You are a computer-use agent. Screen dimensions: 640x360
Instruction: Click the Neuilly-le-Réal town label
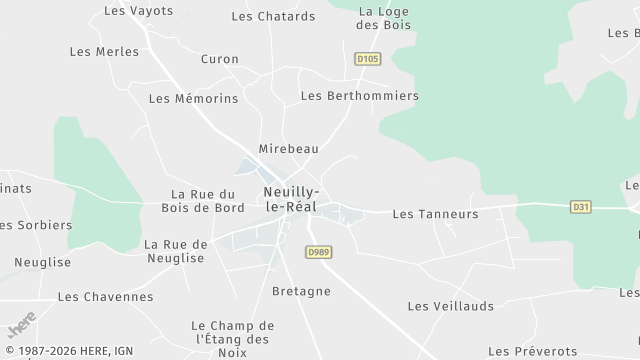pyautogui.click(x=291, y=198)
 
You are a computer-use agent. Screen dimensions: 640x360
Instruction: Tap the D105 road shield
pyautogui.click(x=368, y=59)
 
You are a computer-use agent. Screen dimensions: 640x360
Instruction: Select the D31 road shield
pyautogui.click(x=580, y=207)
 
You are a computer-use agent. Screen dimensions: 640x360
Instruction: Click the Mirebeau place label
pyautogui.click(x=288, y=148)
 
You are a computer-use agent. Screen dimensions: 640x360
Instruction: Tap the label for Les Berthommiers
pyautogui.click(x=360, y=96)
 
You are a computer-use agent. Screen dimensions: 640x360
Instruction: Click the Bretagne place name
pyautogui.click(x=301, y=291)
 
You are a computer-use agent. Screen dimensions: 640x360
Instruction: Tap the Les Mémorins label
pyautogui.click(x=193, y=99)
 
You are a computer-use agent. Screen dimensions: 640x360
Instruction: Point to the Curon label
pyautogui.click(x=220, y=59)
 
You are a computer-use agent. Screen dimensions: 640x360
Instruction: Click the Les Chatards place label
pyautogui.click(x=273, y=16)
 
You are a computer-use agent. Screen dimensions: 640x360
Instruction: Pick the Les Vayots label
pyautogui.click(x=139, y=11)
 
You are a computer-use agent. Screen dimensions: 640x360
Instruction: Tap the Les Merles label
pyautogui.click(x=104, y=51)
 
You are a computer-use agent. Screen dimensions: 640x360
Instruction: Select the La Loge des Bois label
pyautogui.click(x=385, y=18)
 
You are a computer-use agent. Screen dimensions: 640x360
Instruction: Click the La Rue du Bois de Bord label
pyautogui.click(x=203, y=201)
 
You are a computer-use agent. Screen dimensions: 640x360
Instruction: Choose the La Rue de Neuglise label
pyautogui.click(x=175, y=251)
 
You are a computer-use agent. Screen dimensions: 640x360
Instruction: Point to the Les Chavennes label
pyautogui.click(x=106, y=297)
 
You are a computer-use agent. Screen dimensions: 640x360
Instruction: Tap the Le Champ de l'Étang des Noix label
pyautogui.click(x=231, y=339)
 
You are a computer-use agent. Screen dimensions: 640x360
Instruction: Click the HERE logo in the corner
pyautogui.click(x=21, y=326)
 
